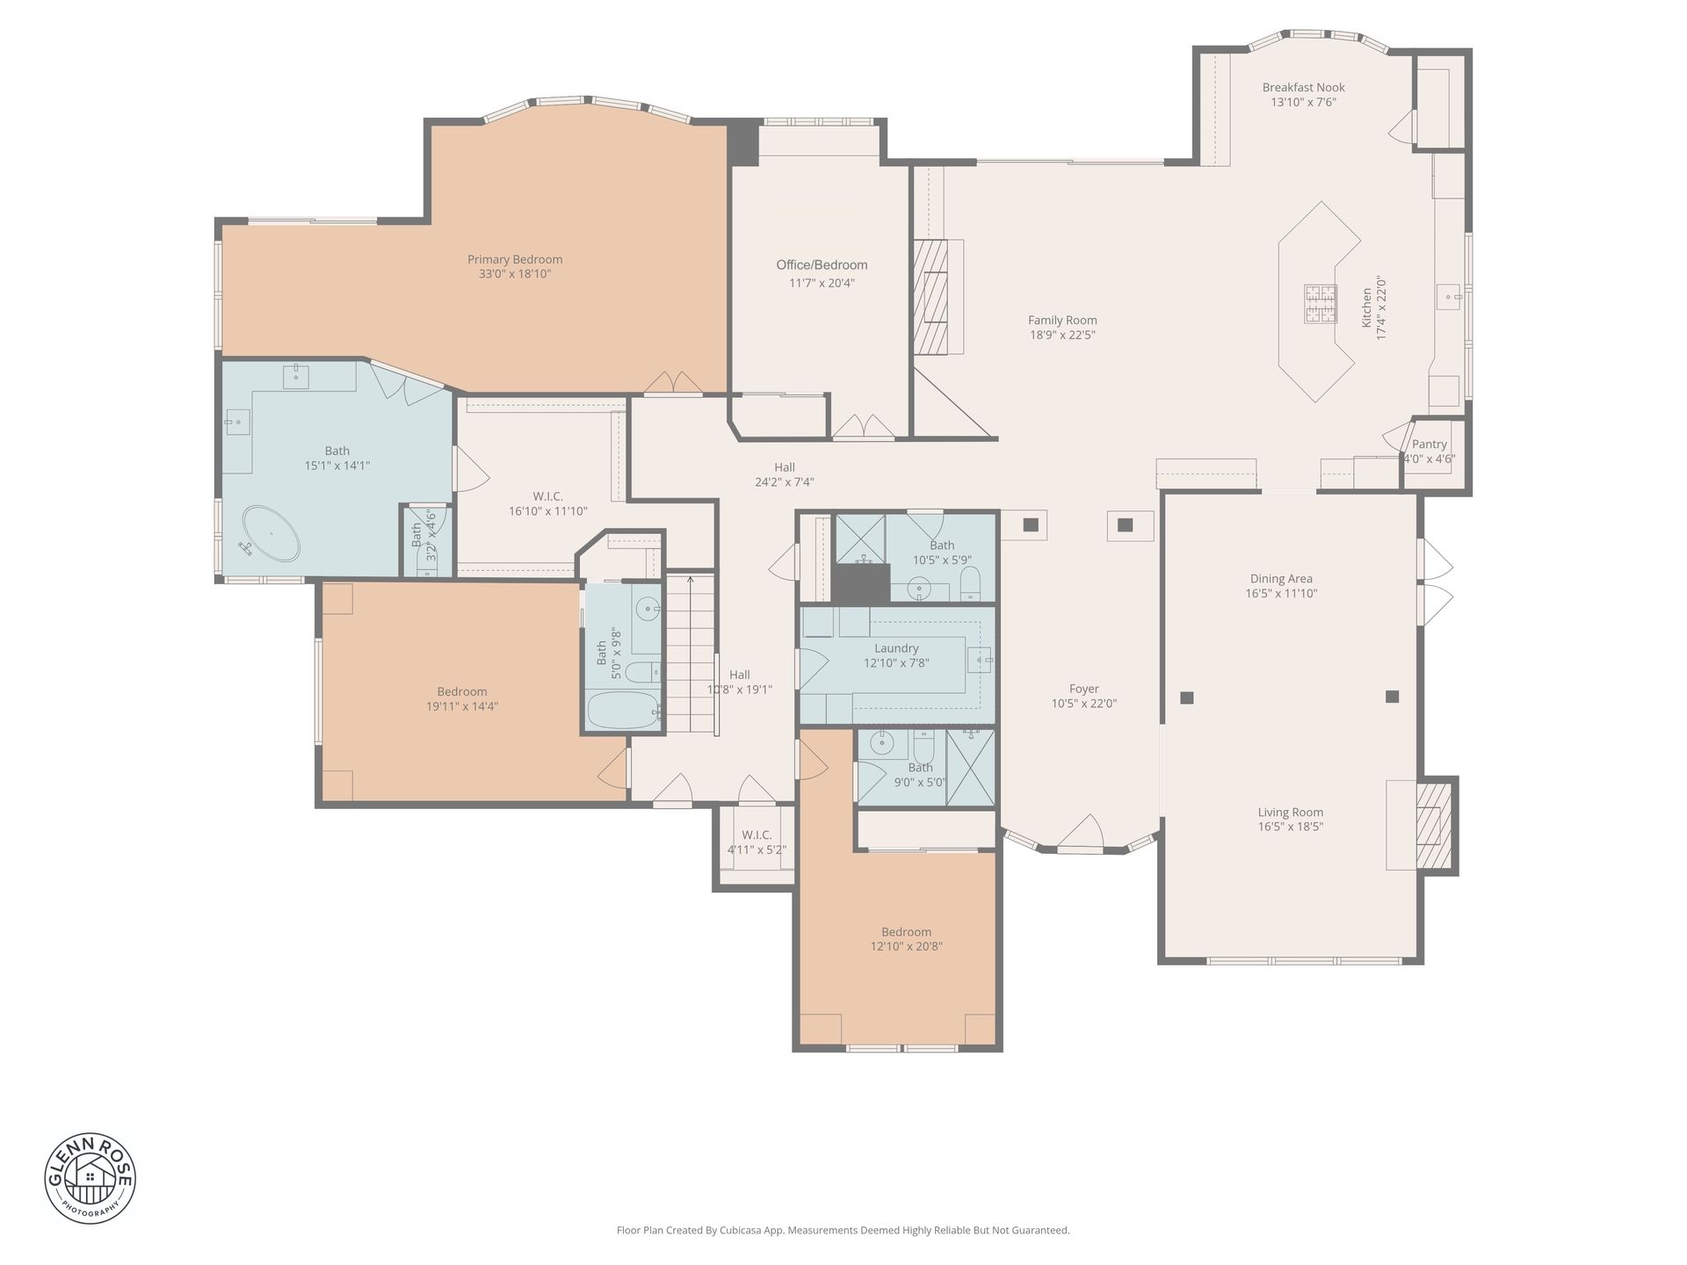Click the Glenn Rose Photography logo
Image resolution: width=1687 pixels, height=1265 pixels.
pos(91,1178)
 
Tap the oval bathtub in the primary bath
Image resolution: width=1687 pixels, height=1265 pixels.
pos(271,533)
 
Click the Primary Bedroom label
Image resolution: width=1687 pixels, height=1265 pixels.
pos(515,259)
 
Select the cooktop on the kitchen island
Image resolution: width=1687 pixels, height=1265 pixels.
pos(1319,304)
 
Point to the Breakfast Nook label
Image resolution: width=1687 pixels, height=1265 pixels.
pos(1303,87)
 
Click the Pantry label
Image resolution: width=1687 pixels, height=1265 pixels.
pos(1429,445)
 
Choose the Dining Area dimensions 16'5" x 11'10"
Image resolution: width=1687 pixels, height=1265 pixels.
pos(1281,594)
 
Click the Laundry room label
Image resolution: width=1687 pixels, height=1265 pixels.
pos(896,648)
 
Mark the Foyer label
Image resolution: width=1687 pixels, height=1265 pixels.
pos(1084,689)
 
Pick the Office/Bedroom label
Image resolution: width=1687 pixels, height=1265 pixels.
pos(822,265)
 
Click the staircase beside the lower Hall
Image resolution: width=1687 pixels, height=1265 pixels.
pos(690,654)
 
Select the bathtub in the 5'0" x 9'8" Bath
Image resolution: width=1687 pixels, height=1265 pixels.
pos(622,710)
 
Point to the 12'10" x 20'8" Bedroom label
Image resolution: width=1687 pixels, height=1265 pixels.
pos(906,932)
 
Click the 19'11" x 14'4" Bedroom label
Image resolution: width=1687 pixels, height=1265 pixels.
pos(462,691)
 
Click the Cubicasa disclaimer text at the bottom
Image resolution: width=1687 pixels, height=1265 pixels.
pos(843,1231)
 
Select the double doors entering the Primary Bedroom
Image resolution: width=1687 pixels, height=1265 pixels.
pos(672,383)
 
